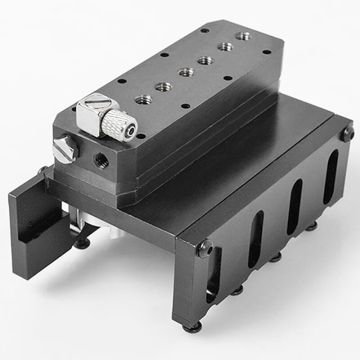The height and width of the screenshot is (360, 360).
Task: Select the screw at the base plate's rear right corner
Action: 346,132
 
